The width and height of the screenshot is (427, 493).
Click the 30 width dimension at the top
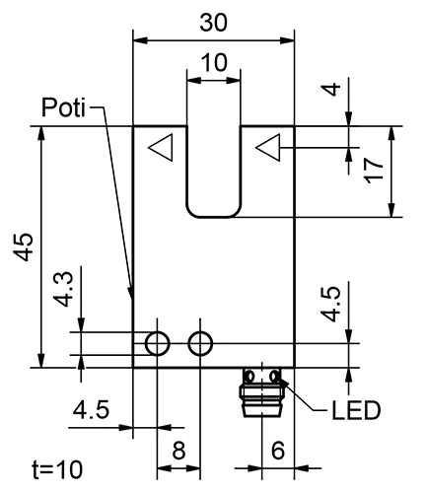coord(214,21)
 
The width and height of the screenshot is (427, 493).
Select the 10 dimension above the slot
coord(213,62)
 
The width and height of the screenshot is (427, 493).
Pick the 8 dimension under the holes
coord(178,451)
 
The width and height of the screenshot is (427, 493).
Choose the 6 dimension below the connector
coord(278,451)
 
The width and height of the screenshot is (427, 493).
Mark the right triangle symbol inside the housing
coord(267,149)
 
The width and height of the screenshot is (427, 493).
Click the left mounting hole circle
coord(157,343)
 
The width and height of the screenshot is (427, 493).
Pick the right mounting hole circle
coord(200,343)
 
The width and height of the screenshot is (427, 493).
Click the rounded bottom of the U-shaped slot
coord(213,211)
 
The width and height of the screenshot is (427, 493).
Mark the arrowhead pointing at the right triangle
coord(286,149)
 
